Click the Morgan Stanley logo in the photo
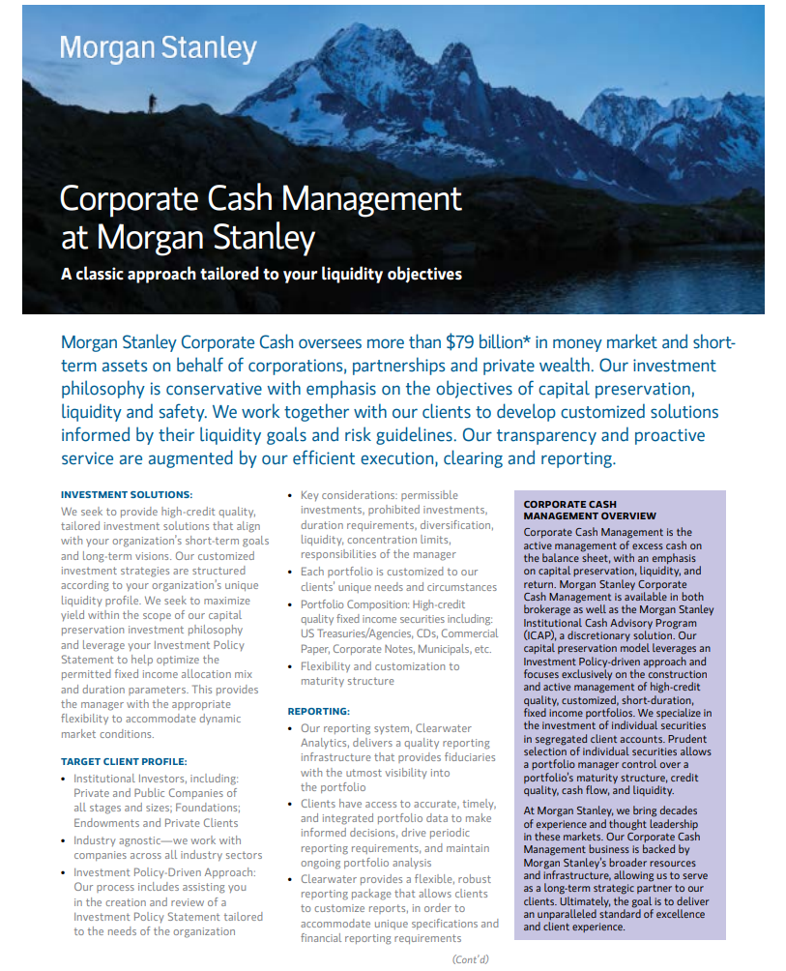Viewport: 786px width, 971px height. pyautogui.click(x=158, y=48)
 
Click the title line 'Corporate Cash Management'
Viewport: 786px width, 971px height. pyautogui.click(x=261, y=198)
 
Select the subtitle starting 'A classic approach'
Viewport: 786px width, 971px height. pyautogui.click(x=261, y=274)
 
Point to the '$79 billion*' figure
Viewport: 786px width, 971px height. pyautogui.click(x=488, y=342)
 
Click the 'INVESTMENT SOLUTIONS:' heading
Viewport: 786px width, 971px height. pyautogui.click(x=127, y=494)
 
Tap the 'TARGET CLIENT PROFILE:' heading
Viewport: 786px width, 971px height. pyautogui.click(x=124, y=761)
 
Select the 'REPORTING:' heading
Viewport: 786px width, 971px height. pyautogui.click(x=318, y=711)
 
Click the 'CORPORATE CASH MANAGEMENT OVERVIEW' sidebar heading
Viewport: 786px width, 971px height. pyautogui.click(x=590, y=510)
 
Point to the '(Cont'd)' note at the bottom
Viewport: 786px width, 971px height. pyautogui.click(x=471, y=958)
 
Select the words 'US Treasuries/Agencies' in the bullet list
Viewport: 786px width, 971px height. pyautogui.click(x=354, y=634)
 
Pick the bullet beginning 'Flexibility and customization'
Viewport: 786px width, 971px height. pyautogui.click(x=379, y=673)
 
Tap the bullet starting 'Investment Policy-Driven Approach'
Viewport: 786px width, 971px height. pyautogui.click(x=166, y=901)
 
